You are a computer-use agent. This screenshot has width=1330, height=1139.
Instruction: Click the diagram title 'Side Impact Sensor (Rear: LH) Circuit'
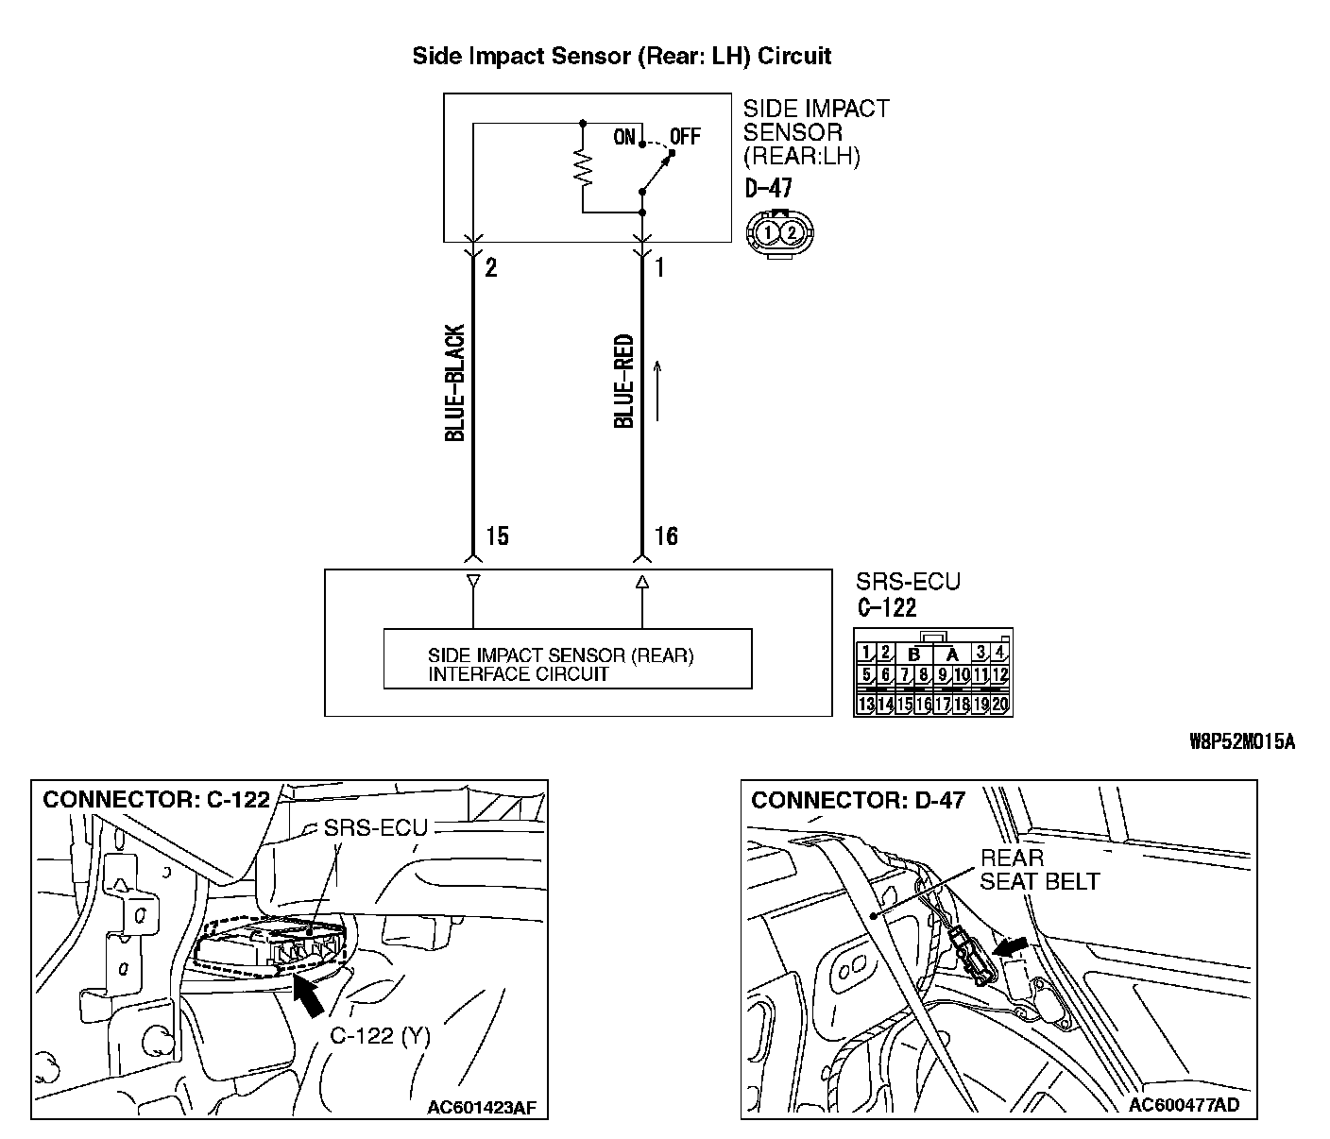pyautogui.click(x=622, y=56)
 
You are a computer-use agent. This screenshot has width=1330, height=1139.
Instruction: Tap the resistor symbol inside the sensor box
pyautogui.click(x=583, y=169)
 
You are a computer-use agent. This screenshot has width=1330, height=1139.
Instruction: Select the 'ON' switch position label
pyautogui.click(x=624, y=137)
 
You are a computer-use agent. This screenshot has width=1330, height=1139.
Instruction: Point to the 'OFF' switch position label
pyautogui.click(x=686, y=137)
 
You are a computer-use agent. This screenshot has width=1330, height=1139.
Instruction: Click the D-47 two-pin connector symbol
pyautogui.click(x=780, y=230)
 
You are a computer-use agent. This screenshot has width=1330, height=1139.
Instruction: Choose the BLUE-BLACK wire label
pyautogui.click(x=455, y=383)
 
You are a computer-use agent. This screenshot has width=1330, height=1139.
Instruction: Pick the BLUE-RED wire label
pyautogui.click(x=624, y=381)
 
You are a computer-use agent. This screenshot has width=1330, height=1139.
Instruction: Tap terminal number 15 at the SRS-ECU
pyautogui.click(x=497, y=537)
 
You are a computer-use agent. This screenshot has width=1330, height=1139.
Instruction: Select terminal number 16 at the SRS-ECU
pyautogui.click(x=666, y=537)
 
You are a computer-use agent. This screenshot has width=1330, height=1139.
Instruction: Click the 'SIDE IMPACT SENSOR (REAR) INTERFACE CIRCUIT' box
pyautogui.click(x=567, y=658)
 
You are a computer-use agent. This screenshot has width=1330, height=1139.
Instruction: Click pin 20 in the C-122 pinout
pyautogui.click(x=1000, y=704)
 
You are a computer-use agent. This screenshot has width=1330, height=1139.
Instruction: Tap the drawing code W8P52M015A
pyautogui.click(x=1241, y=741)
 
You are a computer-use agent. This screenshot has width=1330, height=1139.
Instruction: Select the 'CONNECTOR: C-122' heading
pyautogui.click(x=157, y=800)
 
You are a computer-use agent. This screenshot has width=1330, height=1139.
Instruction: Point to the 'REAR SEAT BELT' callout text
pyautogui.click(x=1039, y=870)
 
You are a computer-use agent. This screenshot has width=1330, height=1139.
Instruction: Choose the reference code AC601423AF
pyautogui.click(x=487, y=1107)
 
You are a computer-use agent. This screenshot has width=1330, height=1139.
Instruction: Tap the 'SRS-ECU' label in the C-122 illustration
pyautogui.click(x=375, y=828)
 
